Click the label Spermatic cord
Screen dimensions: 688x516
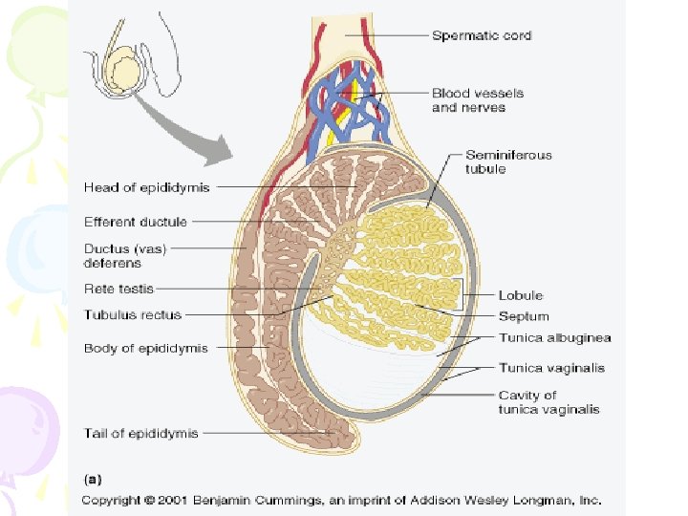pyautogui.click(x=482, y=36)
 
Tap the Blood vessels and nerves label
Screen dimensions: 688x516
pyautogui.click(x=468, y=100)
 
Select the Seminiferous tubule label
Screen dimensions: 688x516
pyautogui.click(x=508, y=161)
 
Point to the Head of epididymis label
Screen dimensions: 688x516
pyautogui.click(x=146, y=186)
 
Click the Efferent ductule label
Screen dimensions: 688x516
pyautogui.click(x=136, y=222)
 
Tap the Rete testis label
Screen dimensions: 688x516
pyautogui.click(x=118, y=288)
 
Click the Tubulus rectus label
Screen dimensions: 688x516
pyautogui.click(x=133, y=314)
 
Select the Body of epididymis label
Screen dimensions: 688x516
pyautogui.click(x=145, y=348)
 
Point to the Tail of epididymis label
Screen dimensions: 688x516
pyautogui.click(x=140, y=433)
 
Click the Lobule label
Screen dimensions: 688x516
pyautogui.click(x=521, y=296)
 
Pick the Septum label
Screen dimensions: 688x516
pyautogui.click(x=524, y=316)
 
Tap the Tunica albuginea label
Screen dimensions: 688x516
pyautogui.click(x=554, y=338)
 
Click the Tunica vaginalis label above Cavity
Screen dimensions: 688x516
pyautogui.click(x=551, y=367)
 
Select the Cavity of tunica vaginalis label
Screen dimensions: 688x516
pyautogui.click(x=548, y=402)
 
